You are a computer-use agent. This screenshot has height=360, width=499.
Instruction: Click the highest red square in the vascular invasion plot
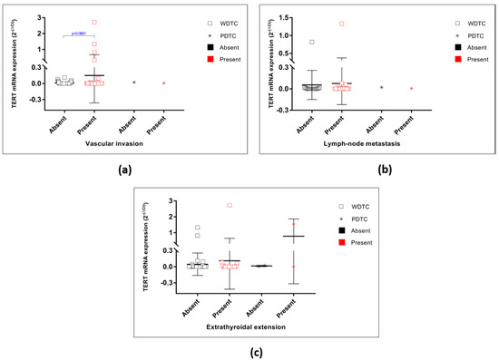(93, 22)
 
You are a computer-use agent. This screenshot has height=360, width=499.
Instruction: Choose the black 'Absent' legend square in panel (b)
(456, 43)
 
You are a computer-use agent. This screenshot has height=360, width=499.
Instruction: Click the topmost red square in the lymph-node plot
(342, 24)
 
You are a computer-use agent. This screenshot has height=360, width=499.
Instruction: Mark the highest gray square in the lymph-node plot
(312, 42)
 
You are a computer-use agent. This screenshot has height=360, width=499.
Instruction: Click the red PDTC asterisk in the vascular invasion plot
(163, 83)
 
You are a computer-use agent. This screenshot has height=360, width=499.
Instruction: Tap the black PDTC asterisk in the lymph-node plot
(381, 87)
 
